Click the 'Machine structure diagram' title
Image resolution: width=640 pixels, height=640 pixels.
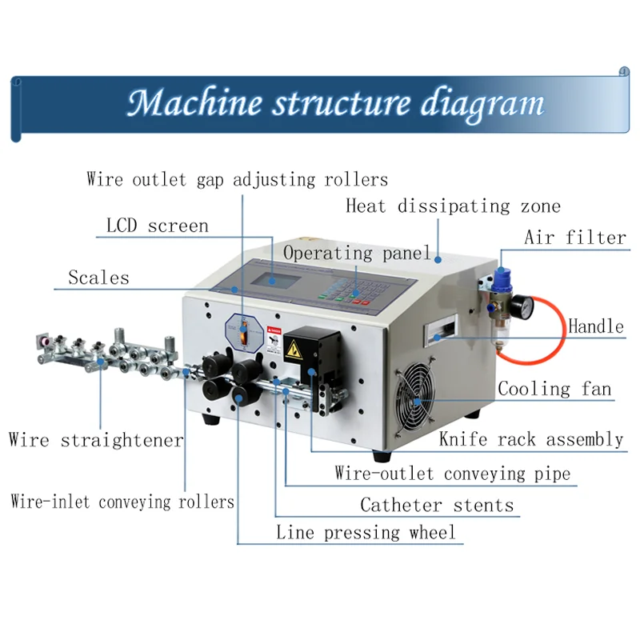pyautogui.click(x=335, y=104)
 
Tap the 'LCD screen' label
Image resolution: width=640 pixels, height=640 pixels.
pyautogui.click(x=157, y=226)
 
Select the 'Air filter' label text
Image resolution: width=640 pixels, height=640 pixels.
pyautogui.click(x=574, y=238)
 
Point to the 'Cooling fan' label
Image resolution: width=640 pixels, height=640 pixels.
pyautogui.click(x=554, y=390)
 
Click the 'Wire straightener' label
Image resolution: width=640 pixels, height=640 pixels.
pyautogui.click(x=95, y=440)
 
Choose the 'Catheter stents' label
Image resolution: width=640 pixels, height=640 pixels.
pyautogui.click(x=436, y=506)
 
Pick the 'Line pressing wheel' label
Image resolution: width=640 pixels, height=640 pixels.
pyautogui.click(x=366, y=533)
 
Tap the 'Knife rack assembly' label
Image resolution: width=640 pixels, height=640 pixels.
pyautogui.click(x=530, y=439)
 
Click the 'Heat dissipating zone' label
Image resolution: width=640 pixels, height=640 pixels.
pyautogui.click(x=453, y=206)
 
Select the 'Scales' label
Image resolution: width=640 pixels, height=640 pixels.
pyautogui.click(x=98, y=278)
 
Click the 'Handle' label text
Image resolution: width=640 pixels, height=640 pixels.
pyautogui.click(x=595, y=326)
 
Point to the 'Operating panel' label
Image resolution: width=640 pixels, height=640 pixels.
pyautogui.click(x=357, y=254)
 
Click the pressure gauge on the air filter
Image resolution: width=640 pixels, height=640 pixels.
pyautogui.click(x=522, y=306)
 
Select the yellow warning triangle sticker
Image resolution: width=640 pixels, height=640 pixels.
pyautogui.click(x=294, y=348)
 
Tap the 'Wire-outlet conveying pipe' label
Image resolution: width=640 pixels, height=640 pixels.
pyautogui.click(x=452, y=474)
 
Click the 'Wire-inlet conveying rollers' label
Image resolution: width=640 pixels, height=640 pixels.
pyautogui.click(x=122, y=502)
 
